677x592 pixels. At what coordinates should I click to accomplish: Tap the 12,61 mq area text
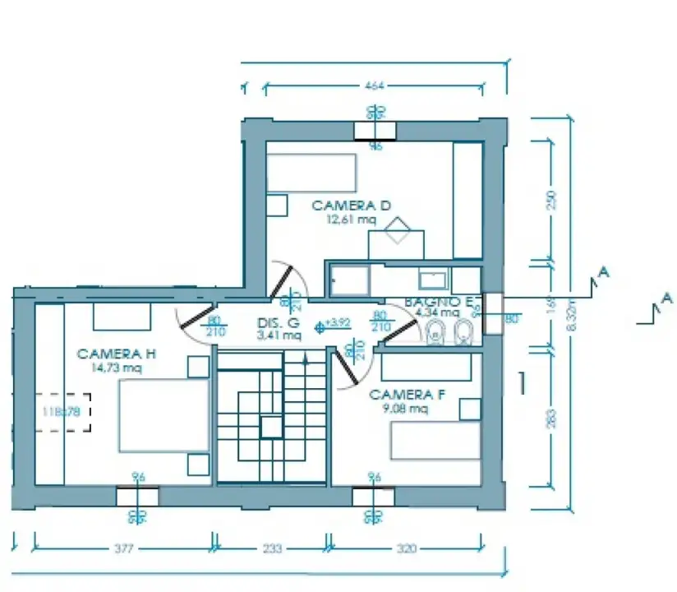[351, 220]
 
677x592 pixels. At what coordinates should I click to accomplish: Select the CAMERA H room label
[117, 354]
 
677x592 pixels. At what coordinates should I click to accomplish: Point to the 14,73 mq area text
[117, 368]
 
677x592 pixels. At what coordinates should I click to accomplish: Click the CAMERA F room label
[407, 395]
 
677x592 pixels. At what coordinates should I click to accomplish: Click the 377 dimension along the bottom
[124, 548]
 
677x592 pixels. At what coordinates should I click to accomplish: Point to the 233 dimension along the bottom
[273, 548]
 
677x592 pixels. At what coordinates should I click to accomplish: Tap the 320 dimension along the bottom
[406, 548]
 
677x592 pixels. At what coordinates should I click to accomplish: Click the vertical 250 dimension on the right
[552, 200]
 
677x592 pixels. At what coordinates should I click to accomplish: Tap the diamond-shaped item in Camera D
[399, 229]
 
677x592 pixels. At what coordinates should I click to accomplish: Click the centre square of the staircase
[270, 427]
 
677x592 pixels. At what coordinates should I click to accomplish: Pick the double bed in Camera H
[162, 415]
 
